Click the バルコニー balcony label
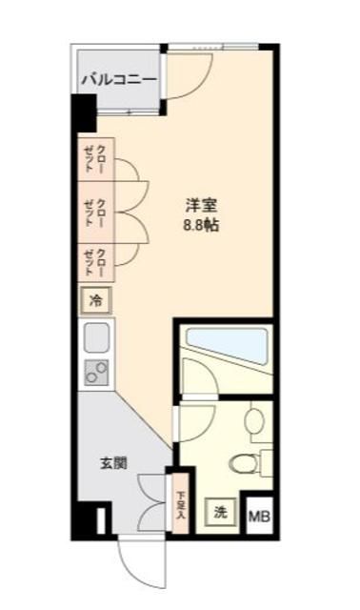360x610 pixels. tap(118, 80)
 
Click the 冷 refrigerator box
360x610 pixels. tap(95, 300)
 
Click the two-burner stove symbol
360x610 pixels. tap(97, 374)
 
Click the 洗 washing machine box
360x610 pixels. tap(221, 512)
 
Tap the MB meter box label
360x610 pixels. tap(258, 518)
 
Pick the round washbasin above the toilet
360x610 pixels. tap(254, 420)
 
